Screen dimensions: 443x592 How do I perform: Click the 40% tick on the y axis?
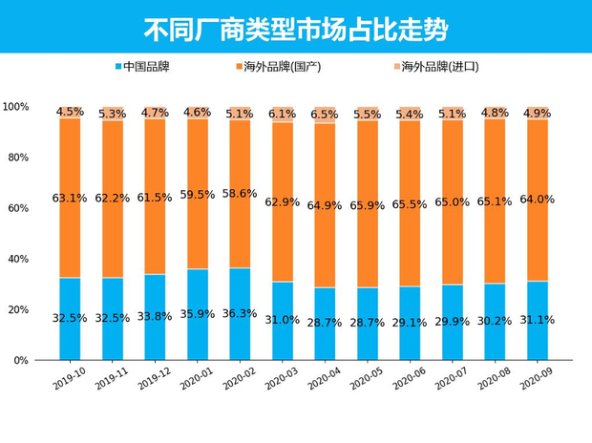(x=19, y=259)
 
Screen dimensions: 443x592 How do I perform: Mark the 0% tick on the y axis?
(x=22, y=361)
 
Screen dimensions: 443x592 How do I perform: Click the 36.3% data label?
(x=240, y=313)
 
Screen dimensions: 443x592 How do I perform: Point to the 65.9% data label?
(x=367, y=205)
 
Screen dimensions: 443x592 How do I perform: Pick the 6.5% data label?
(x=325, y=115)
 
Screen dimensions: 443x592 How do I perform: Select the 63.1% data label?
(x=70, y=199)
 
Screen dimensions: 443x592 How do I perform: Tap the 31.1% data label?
(x=536, y=320)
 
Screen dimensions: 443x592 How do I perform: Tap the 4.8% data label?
(x=494, y=113)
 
